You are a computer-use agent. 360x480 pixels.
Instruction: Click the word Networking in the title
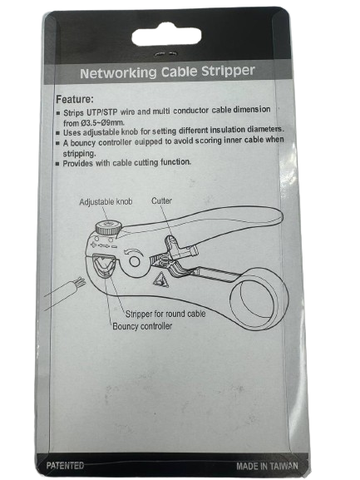click(119, 73)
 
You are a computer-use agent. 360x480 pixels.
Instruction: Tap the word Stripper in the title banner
click(228, 71)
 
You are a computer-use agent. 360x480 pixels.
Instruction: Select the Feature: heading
click(75, 99)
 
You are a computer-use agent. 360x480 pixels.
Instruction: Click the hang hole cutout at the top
click(166, 37)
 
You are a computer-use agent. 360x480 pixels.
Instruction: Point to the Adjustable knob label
click(106, 202)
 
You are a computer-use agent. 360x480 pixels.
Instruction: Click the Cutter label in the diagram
click(161, 200)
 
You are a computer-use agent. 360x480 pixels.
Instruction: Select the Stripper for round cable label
click(165, 314)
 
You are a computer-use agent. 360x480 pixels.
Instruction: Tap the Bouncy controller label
click(142, 326)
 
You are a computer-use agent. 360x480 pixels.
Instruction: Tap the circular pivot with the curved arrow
click(135, 261)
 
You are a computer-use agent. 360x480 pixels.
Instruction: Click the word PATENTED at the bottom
click(65, 466)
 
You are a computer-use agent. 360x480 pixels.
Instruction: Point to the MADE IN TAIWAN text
click(267, 466)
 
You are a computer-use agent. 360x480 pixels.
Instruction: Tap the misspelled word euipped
click(153, 141)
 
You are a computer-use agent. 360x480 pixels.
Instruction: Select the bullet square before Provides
click(57, 164)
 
